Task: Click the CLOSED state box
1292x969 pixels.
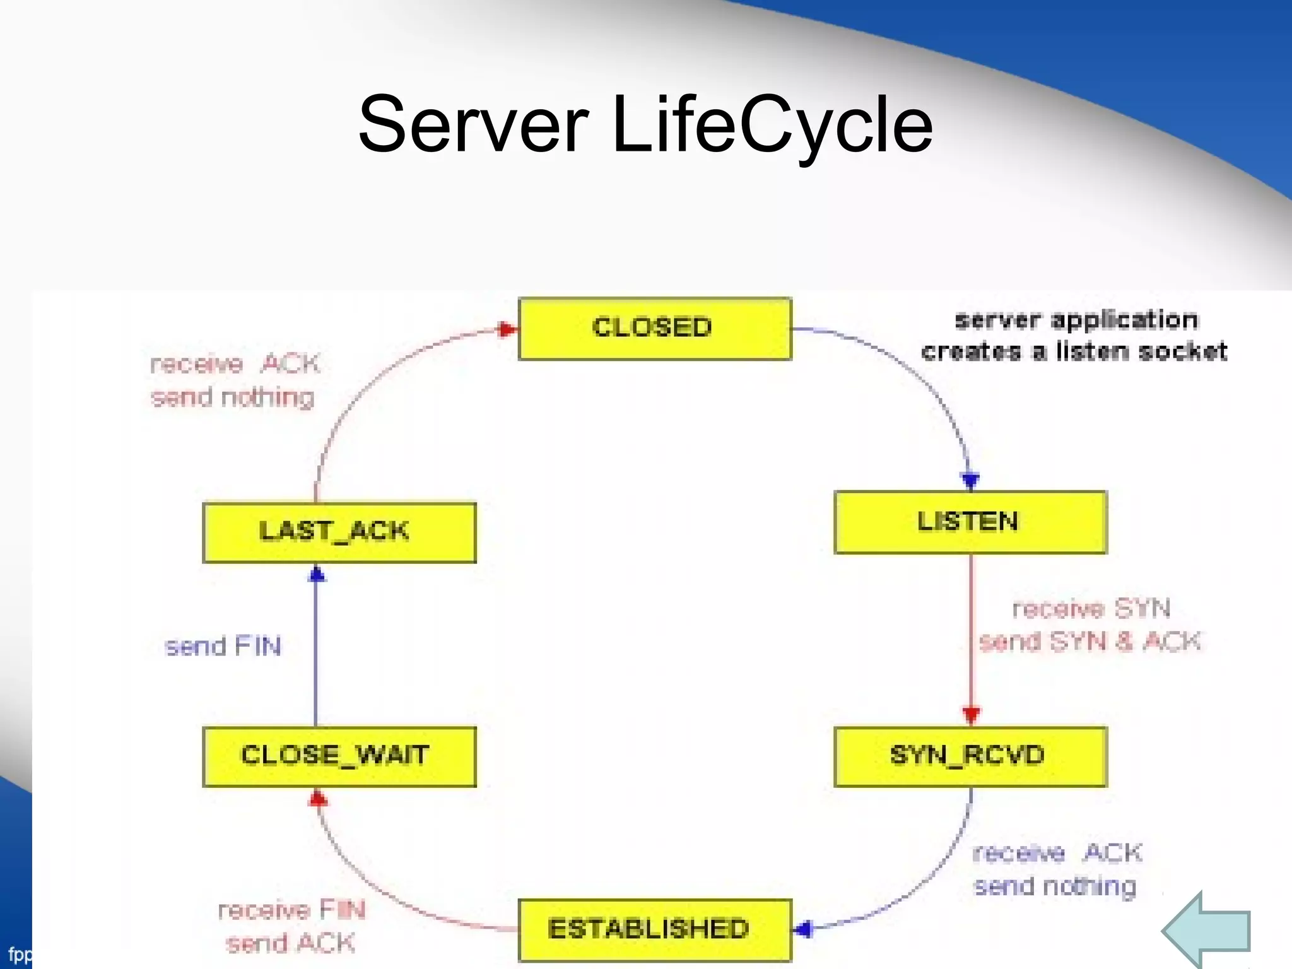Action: coord(654,329)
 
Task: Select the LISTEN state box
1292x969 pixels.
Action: coord(970,522)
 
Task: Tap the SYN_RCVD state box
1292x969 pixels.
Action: coord(970,756)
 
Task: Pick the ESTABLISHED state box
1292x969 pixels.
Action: coord(654,929)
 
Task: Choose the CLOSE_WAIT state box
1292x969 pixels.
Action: coord(339,756)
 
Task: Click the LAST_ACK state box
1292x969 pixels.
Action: coord(339,532)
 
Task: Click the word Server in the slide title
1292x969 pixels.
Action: coord(473,124)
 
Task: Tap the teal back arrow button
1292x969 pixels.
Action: coord(1206,930)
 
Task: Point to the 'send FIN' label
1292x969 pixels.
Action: coord(222,647)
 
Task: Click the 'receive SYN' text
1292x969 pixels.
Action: coord(1091,609)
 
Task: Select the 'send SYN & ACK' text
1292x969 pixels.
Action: coord(1089,642)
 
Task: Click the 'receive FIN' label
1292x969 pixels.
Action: coord(291,910)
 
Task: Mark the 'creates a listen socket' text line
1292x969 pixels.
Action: coord(1074,351)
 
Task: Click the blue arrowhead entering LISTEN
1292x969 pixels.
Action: coord(970,481)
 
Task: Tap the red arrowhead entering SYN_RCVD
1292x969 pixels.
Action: coord(971,715)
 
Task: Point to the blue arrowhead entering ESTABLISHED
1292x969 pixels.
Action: coord(803,929)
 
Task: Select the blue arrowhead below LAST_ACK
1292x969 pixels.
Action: coord(317,574)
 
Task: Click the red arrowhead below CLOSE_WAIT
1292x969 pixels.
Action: coord(318,799)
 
